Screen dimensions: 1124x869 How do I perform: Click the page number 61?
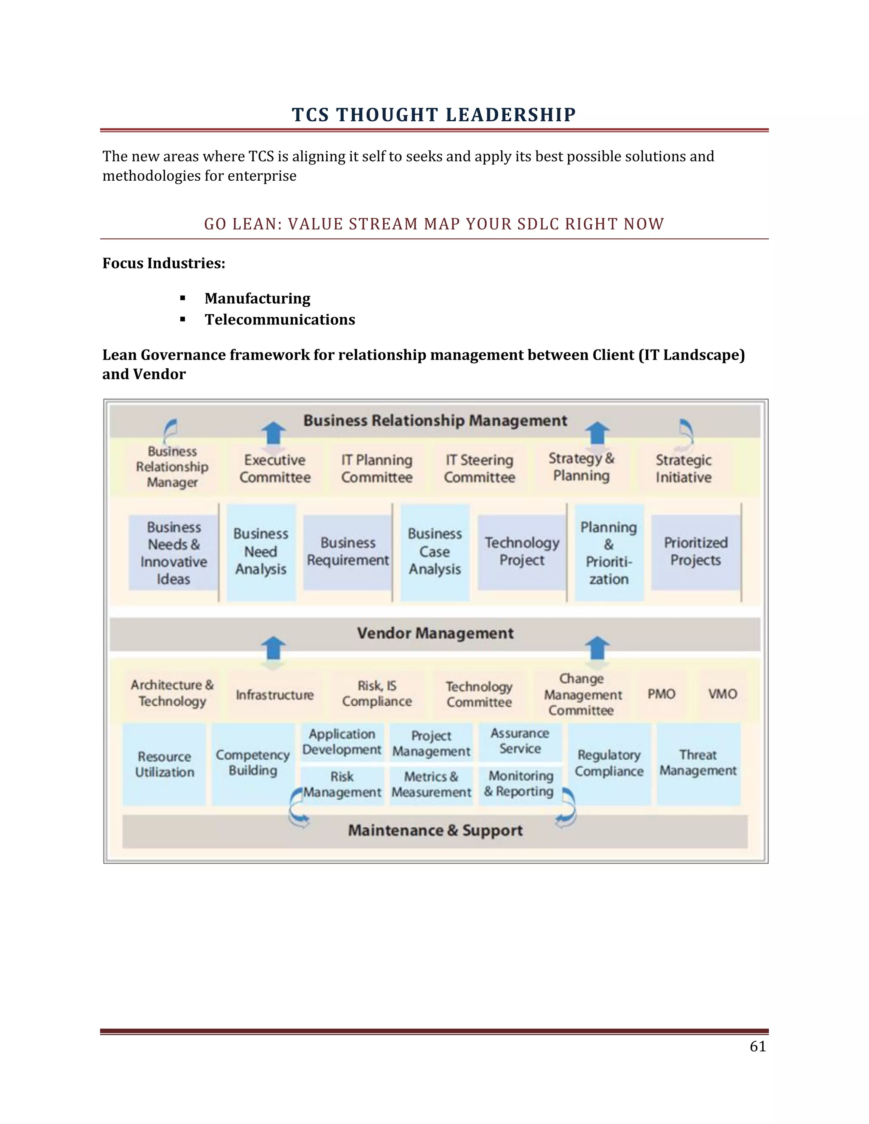[757, 1046]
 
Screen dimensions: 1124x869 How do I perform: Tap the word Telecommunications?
[280, 320]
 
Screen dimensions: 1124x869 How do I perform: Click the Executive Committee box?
[275, 468]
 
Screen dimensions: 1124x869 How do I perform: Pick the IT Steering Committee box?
[479, 468]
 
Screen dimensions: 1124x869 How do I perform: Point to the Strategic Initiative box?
[683, 468]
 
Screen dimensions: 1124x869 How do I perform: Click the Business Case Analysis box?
[435, 552]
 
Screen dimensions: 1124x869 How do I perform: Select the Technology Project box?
[521, 551]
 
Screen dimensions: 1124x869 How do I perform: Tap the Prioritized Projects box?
[695, 551]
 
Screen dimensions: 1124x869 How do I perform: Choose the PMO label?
[661, 694]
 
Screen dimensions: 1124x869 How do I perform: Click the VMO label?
[722, 694]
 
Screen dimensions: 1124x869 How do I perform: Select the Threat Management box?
[698, 763]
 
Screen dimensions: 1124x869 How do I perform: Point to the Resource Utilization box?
[164, 764]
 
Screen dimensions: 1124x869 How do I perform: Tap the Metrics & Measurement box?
[431, 784]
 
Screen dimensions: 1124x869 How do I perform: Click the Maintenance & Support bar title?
[435, 830]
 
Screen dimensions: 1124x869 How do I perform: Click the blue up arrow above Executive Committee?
[273, 433]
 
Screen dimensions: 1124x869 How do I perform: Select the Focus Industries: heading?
[164, 263]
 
